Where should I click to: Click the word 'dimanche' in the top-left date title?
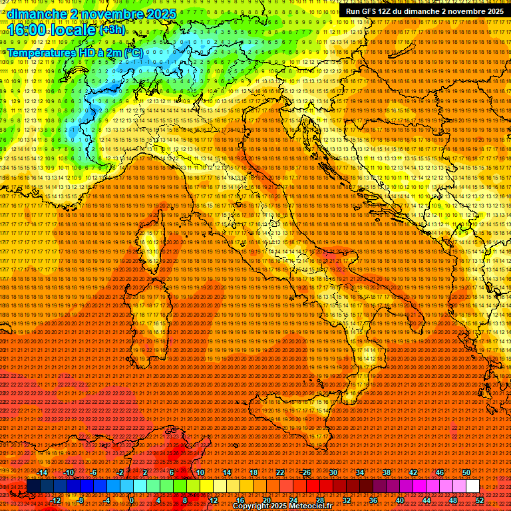(x=34, y=14)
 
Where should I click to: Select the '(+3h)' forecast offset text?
(x=112, y=30)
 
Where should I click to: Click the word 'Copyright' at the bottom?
(x=252, y=506)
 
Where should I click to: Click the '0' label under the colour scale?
(x=132, y=500)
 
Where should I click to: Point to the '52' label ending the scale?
(x=480, y=500)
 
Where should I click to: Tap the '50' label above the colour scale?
(x=466, y=472)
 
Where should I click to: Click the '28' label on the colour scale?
(x=319, y=500)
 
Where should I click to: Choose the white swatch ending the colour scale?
(x=472, y=486)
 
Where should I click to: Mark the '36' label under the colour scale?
(x=373, y=500)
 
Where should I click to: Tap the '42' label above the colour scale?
(x=413, y=472)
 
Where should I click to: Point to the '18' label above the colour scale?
(x=253, y=472)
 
